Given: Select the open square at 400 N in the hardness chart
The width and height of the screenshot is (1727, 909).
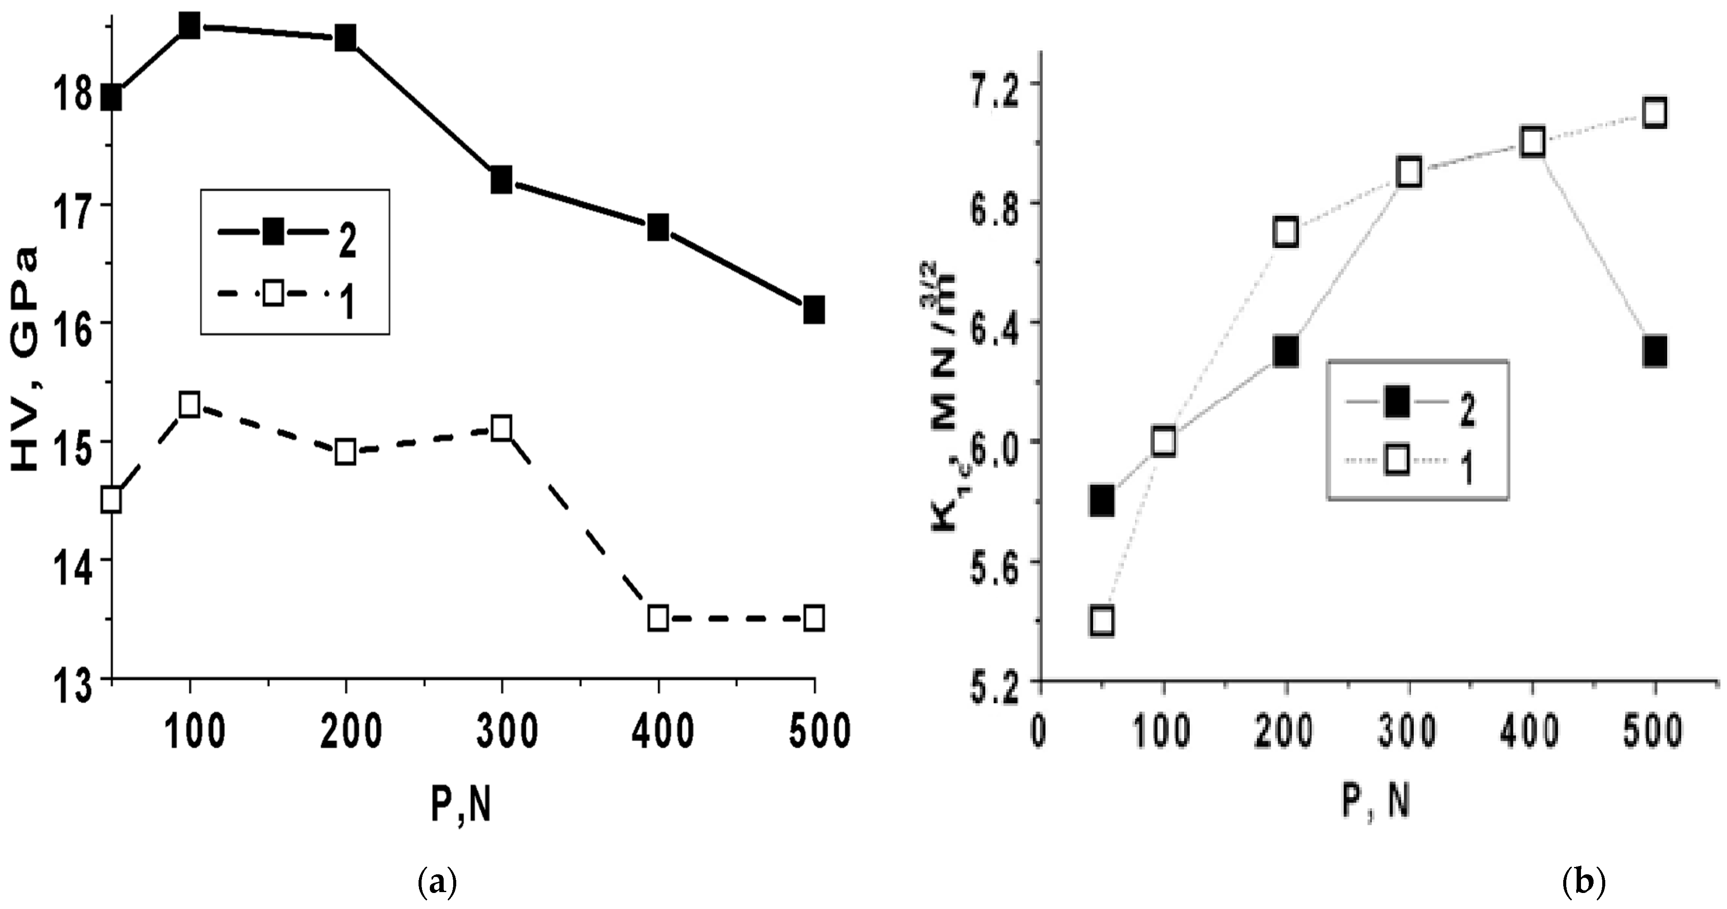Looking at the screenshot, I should point(659,617).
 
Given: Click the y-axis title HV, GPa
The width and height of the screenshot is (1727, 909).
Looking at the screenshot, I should point(27,359).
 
